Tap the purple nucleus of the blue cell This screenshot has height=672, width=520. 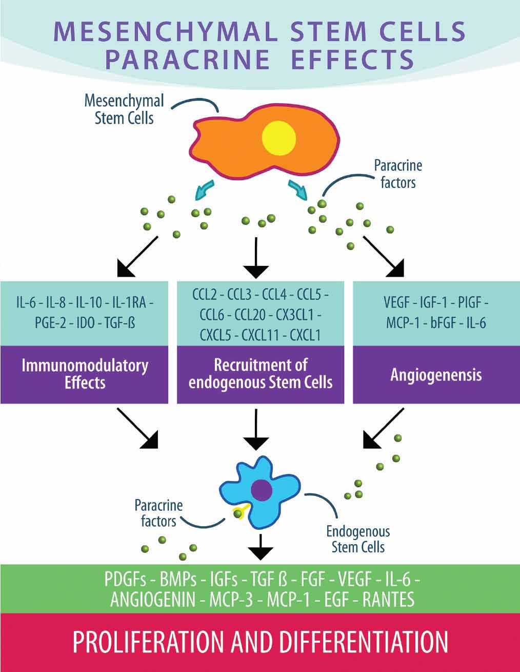pos(262,490)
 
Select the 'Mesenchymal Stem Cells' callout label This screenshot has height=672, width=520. pos(124,109)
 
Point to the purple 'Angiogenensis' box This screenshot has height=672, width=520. pos(436,374)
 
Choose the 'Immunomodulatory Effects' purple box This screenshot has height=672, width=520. pos(85,374)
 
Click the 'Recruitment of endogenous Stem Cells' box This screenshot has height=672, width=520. pos(261,374)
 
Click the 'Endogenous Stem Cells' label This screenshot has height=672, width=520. pos(358,539)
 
